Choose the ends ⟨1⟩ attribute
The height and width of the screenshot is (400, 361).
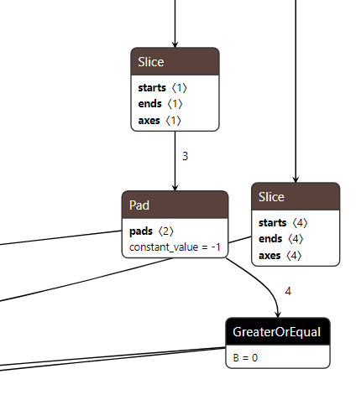[160, 104]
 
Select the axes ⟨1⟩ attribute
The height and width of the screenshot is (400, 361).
[160, 120]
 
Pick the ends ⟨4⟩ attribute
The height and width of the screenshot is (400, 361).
[281, 239]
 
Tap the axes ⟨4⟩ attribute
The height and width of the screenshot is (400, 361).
[281, 255]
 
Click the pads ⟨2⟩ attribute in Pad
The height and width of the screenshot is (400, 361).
[152, 231]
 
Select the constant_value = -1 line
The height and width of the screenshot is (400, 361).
[174, 248]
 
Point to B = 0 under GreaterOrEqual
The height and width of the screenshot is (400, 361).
[245, 357]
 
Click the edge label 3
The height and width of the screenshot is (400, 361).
[185, 156]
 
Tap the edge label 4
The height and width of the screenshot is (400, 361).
[288, 292]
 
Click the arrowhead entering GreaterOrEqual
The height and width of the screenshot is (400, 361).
[278, 313]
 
